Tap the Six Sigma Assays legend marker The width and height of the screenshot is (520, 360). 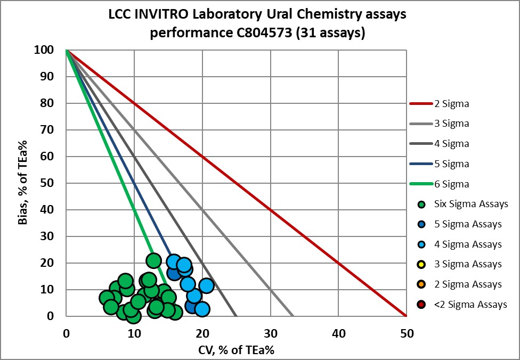coord(421,204)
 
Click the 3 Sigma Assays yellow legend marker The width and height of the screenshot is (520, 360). coord(421,264)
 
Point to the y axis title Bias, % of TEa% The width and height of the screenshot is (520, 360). coord(23,183)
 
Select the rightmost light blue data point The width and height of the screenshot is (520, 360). coord(206,285)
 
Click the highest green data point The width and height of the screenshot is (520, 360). coord(153,260)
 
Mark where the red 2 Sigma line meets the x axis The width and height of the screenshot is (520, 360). coord(407,316)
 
